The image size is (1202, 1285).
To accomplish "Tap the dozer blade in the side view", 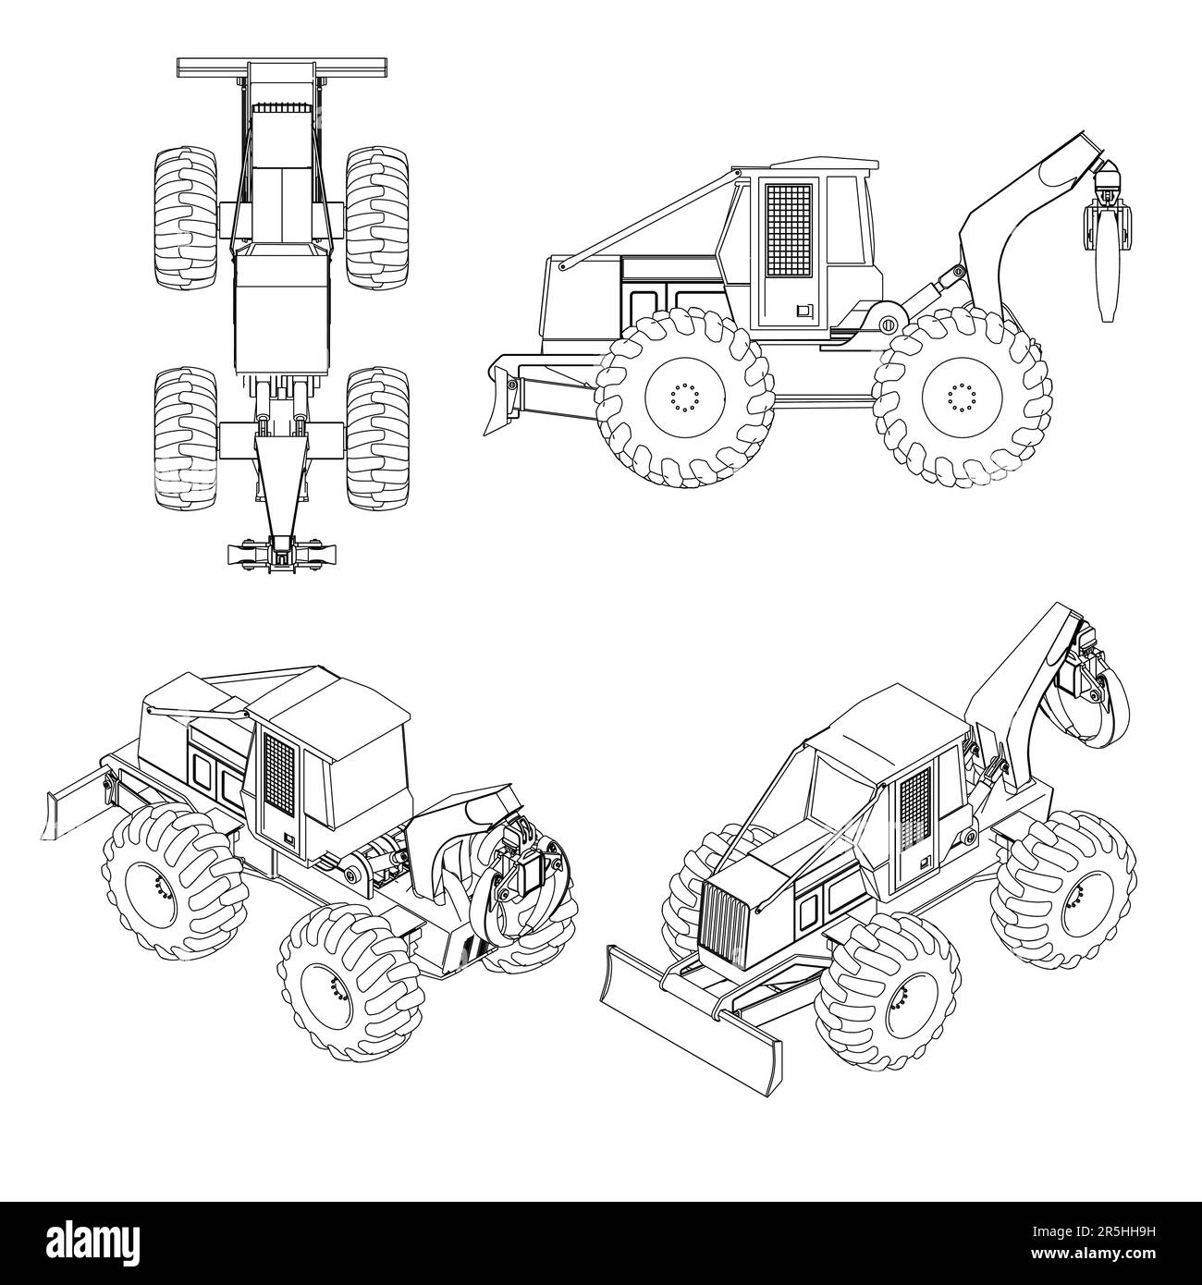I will pos(504,398).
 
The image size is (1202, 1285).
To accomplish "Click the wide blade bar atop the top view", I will pos(281,67).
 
